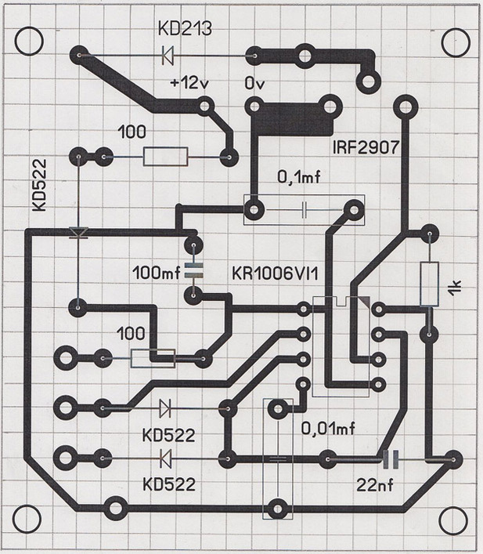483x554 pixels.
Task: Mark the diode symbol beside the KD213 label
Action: tap(167, 56)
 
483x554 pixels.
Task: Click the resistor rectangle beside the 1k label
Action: tap(428, 284)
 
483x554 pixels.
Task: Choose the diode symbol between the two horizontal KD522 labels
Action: tap(165, 458)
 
